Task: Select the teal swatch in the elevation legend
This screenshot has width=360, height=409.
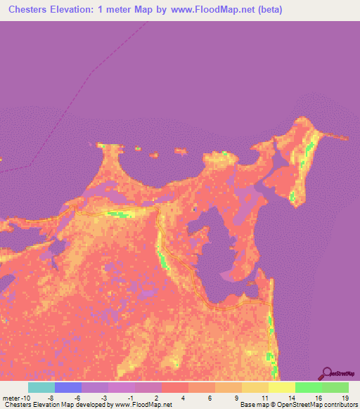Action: [41, 387]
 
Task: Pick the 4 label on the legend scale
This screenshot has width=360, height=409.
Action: [183, 397]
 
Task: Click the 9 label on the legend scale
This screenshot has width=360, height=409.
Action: [236, 397]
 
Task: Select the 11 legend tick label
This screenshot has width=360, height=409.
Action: [263, 397]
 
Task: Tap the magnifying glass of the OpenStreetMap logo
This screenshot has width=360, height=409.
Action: [326, 372]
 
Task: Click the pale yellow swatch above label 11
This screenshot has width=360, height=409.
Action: [255, 387]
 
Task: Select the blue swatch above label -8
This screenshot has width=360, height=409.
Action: [68, 387]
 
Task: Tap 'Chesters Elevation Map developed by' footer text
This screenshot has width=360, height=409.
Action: [56, 405]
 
